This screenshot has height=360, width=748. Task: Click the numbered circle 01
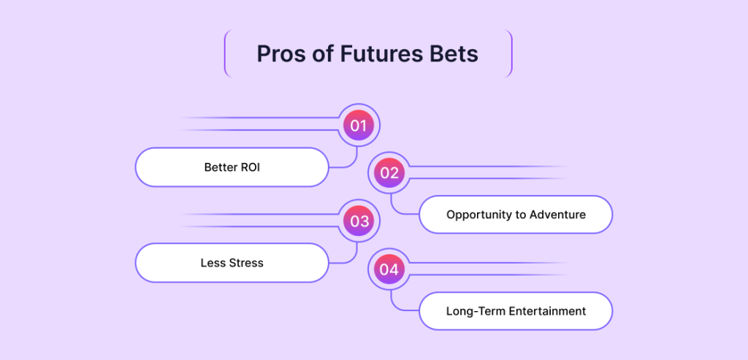point(358,126)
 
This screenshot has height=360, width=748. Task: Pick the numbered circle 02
point(389,172)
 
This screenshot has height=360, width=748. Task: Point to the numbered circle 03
point(359,221)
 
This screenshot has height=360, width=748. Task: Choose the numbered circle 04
point(389,270)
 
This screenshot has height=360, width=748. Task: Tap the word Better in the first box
point(220,167)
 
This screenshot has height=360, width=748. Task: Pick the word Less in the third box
point(211,263)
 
